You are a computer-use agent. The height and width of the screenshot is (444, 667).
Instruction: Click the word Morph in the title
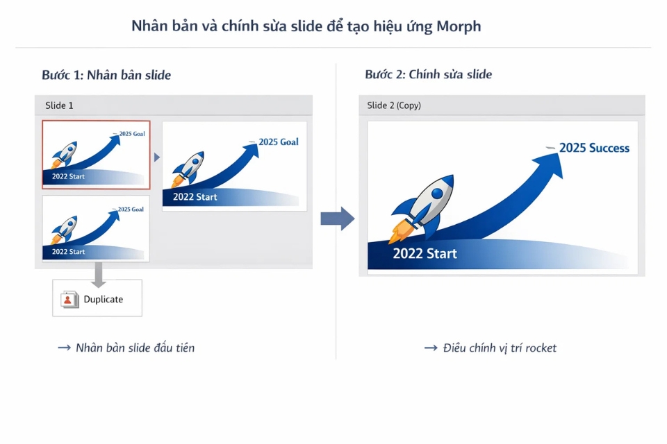[459, 26]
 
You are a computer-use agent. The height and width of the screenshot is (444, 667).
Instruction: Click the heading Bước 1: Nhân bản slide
[106, 75]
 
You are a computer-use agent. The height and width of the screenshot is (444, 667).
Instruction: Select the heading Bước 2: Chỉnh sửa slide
[428, 75]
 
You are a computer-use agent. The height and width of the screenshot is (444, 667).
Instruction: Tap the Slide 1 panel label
[59, 105]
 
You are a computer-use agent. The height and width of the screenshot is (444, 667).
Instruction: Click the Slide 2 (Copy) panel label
[394, 105]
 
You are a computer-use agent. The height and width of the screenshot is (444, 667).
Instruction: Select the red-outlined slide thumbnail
[96, 155]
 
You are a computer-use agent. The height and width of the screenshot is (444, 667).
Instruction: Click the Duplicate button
[97, 298]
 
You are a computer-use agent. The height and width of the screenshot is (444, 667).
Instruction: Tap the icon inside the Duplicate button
[69, 299]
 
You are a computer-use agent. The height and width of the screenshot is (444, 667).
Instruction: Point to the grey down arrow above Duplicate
[99, 273]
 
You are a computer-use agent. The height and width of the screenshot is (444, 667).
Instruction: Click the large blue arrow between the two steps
[338, 219]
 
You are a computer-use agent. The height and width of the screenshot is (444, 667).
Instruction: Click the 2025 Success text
[594, 148]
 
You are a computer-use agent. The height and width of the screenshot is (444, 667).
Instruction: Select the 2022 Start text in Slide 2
[425, 253]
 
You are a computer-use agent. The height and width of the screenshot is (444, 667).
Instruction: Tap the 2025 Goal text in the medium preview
[278, 142]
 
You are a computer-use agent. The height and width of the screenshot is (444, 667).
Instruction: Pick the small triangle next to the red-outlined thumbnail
[156, 157]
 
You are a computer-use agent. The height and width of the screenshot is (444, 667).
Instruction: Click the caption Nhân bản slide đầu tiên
[135, 348]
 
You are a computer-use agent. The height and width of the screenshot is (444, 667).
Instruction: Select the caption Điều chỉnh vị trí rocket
[500, 348]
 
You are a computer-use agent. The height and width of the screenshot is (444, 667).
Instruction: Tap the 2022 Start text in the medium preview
[195, 197]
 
